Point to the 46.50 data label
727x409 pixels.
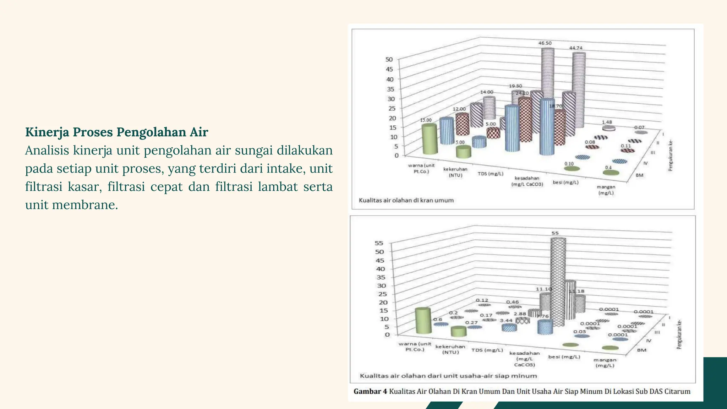[545, 43]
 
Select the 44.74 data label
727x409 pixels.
[576, 48]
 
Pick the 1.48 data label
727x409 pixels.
[607, 122]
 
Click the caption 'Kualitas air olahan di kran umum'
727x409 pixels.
[406, 200]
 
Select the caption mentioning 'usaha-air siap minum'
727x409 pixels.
[448, 376]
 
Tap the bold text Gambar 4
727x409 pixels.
[370, 391]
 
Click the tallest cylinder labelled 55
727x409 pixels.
[558, 280]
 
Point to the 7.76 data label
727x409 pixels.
[542, 316]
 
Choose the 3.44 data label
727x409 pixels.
[506, 320]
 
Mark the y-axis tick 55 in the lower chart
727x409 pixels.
[379, 243]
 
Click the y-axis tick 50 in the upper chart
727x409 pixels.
[389, 59]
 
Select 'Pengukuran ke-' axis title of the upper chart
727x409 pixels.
[671, 155]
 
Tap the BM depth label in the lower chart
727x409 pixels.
[641, 350]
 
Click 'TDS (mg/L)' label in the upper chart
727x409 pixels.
[490, 174]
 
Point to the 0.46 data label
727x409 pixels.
[512, 302]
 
